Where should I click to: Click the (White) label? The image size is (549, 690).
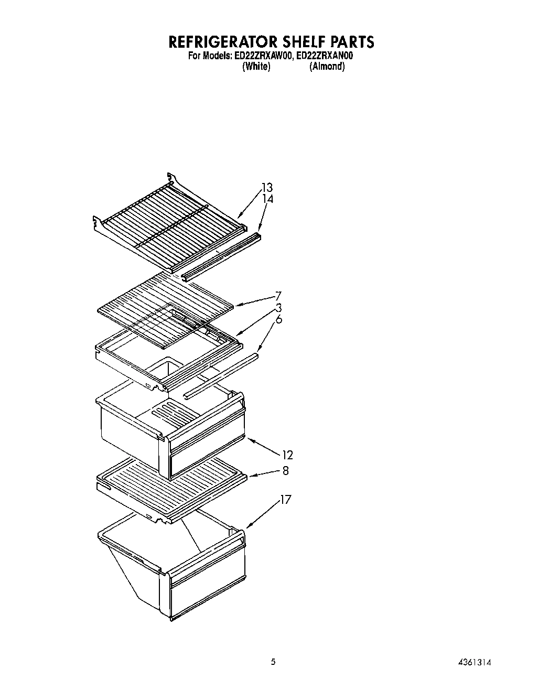(x=256, y=67)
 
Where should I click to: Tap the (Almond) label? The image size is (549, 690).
(x=327, y=67)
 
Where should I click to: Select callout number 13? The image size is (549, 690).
(x=267, y=188)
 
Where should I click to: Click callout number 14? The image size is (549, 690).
(x=268, y=199)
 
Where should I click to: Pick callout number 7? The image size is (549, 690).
(x=278, y=295)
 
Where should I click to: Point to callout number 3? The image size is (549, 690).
(x=279, y=308)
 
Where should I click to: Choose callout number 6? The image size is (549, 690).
(x=279, y=319)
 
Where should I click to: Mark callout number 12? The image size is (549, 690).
(x=287, y=455)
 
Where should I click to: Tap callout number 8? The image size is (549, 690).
(x=285, y=471)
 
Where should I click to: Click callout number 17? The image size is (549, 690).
(x=285, y=499)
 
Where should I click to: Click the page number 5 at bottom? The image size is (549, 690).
(x=273, y=662)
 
